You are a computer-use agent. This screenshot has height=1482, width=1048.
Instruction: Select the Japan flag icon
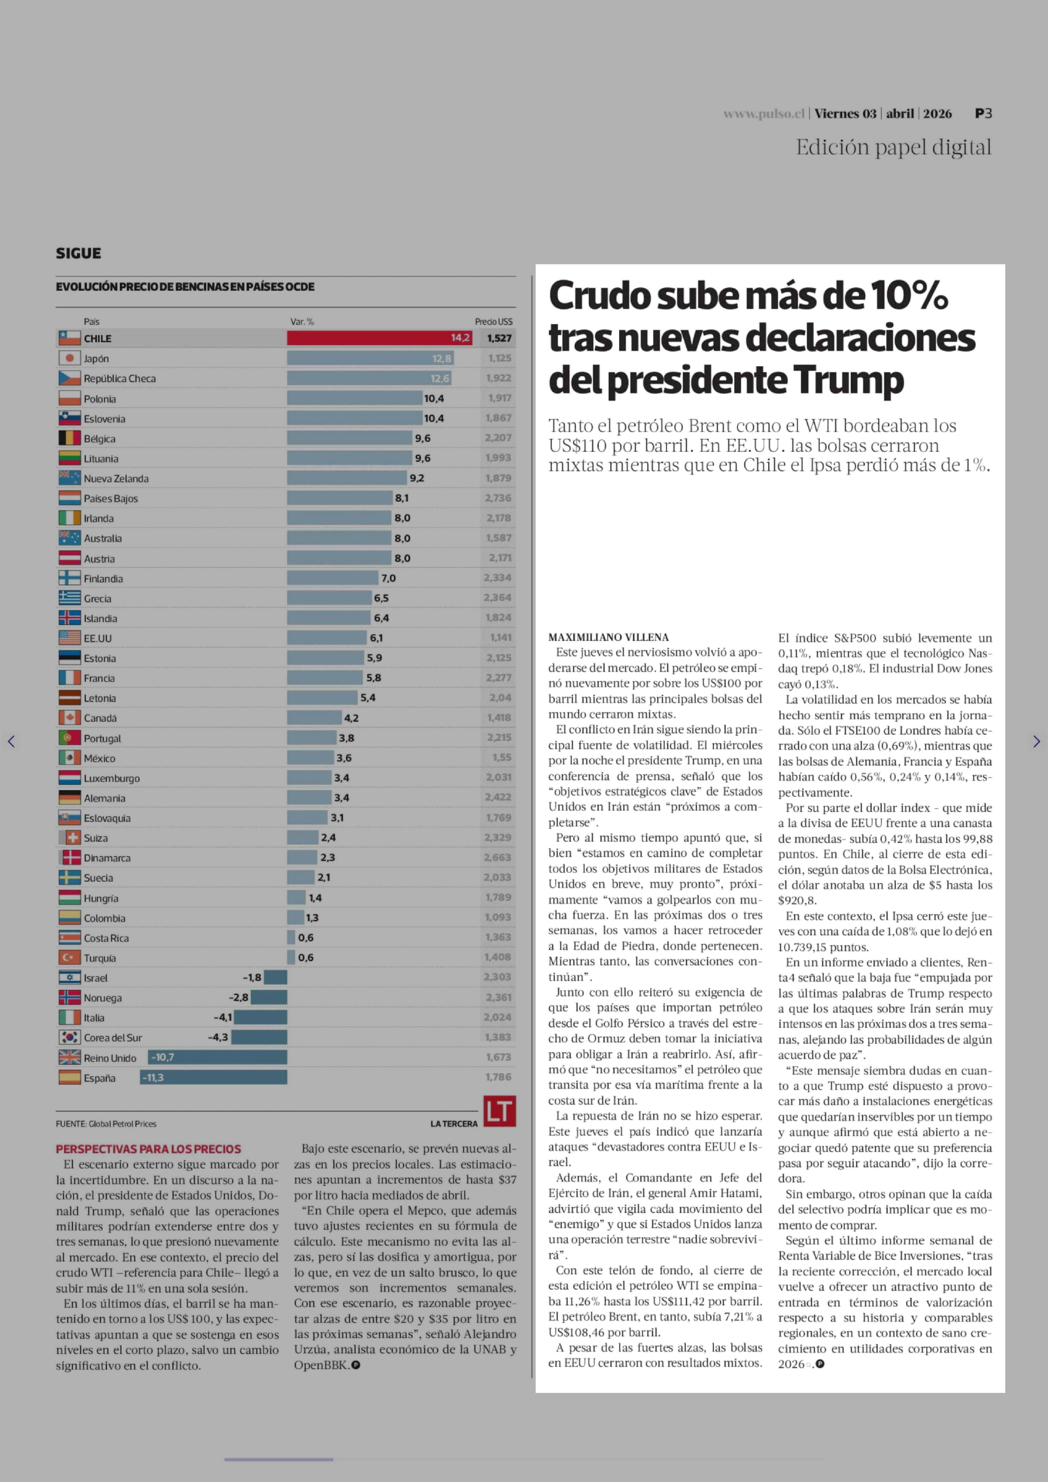click(70, 358)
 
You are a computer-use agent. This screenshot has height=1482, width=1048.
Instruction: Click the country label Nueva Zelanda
click(116, 479)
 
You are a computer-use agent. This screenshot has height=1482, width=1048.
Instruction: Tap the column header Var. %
click(302, 322)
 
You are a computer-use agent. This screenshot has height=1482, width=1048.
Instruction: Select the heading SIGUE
click(78, 253)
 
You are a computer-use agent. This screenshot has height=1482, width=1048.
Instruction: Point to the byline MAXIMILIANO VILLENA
click(609, 637)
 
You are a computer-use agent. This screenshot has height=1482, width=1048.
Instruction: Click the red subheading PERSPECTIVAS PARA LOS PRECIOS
click(148, 1149)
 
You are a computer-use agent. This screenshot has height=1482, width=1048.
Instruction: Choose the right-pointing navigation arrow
click(1036, 741)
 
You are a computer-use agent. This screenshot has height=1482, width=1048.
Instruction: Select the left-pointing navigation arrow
click(11, 741)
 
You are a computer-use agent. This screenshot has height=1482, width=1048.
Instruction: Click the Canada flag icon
click(70, 717)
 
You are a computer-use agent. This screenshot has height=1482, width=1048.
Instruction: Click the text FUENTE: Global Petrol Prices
click(106, 1124)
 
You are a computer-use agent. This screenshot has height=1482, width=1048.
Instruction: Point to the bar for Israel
click(275, 977)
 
